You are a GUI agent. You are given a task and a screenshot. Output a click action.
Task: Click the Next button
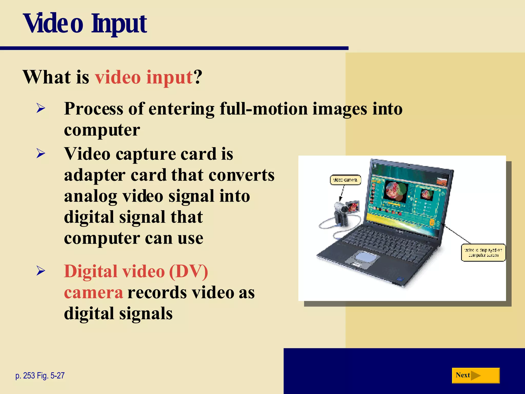point(475,375)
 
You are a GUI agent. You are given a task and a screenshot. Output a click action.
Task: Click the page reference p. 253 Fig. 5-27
point(40,376)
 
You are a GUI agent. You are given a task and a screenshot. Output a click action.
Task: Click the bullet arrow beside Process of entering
point(41,108)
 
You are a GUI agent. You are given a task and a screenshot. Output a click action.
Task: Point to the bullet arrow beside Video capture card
point(41,153)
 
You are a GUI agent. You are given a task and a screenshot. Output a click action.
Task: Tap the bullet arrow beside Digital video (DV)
point(41,271)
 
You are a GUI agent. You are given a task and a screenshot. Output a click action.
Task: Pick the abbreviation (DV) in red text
point(188,271)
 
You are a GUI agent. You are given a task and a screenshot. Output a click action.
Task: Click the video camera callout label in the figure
point(345,180)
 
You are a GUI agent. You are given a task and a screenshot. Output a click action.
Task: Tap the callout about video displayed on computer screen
point(483,252)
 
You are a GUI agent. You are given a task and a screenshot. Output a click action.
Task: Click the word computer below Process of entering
point(102,130)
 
